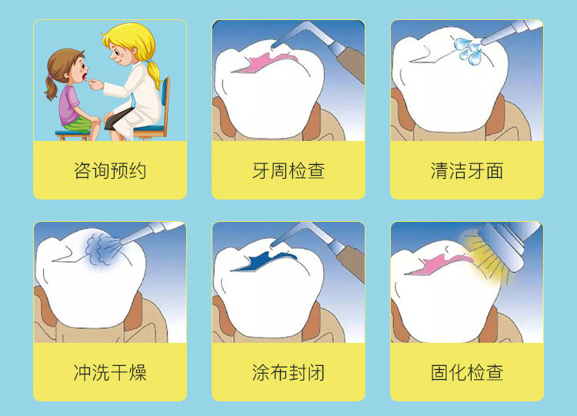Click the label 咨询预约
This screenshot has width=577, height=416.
pyautogui.click(x=110, y=170)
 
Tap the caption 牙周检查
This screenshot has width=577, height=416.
pyautogui.click(x=288, y=170)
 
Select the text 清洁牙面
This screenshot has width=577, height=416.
pyautogui.click(x=467, y=170)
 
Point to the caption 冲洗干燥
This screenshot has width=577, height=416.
pyautogui.click(x=110, y=372)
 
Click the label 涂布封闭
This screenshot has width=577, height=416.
pyautogui.click(x=288, y=372)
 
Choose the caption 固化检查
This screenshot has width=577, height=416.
pyautogui.click(x=467, y=372)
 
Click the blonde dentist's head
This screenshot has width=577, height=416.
pyautogui.click(x=128, y=44)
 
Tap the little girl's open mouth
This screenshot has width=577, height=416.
pyautogui.click(x=85, y=77)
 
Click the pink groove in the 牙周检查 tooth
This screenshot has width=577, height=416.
pyautogui.click(x=263, y=62)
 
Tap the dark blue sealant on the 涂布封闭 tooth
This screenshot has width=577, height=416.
pyautogui.click(x=265, y=260)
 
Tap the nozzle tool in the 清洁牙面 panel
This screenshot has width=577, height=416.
pyautogui.click(x=512, y=31)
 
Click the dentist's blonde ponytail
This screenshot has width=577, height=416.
pyautogui.click(x=155, y=73)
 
